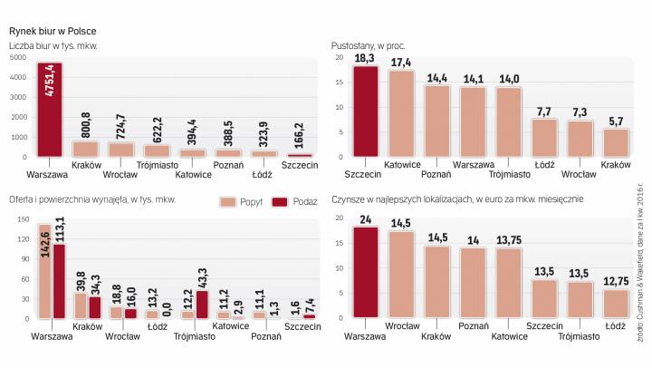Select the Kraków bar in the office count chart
tap(85, 149)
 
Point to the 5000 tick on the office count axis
tap(18, 58)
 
